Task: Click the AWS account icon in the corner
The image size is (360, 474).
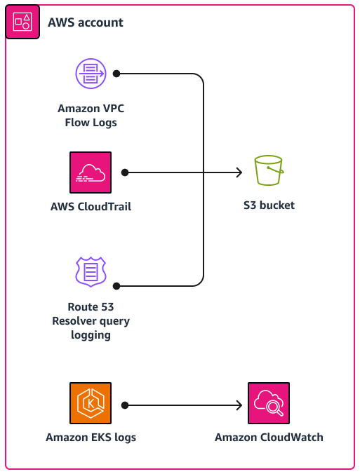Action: click(x=22, y=22)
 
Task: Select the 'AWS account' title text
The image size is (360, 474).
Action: click(x=86, y=22)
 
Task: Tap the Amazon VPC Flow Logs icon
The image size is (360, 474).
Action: click(x=91, y=74)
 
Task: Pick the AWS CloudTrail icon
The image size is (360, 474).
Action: click(x=91, y=172)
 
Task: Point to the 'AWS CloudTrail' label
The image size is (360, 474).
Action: click(x=91, y=207)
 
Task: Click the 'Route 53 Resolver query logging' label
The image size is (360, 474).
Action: click(x=91, y=321)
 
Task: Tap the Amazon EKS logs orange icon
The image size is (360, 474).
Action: click(x=91, y=404)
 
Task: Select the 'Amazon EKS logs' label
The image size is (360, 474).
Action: click(x=91, y=438)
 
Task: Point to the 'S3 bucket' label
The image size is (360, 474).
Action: click(x=269, y=206)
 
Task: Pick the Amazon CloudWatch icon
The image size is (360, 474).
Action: click(x=269, y=404)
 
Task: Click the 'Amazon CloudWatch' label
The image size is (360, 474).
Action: click(x=269, y=438)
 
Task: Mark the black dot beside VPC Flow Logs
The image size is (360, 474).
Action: click(x=117, y=73)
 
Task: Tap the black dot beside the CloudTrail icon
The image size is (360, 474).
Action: click(x=124, y=172)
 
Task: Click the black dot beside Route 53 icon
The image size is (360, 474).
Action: click(x=117, y=286)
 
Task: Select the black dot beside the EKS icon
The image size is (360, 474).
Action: click(x=124, y=405)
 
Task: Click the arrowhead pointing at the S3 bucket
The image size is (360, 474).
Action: click(x=239, y=172)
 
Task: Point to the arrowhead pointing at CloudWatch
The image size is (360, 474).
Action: click(x=239, y=405)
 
